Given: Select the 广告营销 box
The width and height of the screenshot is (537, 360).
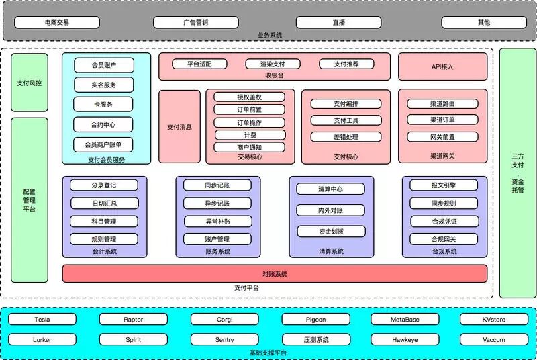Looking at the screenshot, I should point(195,22).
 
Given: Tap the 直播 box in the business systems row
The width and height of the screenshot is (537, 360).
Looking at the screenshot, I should point(338,22).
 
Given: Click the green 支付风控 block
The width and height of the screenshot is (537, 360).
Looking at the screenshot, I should point(30,83).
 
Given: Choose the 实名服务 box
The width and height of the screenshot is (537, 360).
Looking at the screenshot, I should point(103,85).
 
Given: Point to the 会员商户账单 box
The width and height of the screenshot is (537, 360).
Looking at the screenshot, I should point(103,144).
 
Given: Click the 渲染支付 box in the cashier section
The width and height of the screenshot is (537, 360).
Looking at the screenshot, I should point(277,64).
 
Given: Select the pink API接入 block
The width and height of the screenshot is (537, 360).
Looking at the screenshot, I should point(442,67).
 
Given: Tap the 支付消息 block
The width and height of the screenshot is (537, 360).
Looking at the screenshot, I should point(179,126).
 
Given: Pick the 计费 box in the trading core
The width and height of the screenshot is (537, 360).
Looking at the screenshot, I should point(249,135).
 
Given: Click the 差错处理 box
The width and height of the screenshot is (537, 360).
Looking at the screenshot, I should point(346,137).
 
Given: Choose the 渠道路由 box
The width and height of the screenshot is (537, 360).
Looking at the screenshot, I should point(442,104).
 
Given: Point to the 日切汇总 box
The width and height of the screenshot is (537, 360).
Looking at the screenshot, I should point(103,204).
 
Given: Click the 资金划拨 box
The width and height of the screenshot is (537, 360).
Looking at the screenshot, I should point(330,231).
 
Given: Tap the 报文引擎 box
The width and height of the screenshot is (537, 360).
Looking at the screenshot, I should point(444,185).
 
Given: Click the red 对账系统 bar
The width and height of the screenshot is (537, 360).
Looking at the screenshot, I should point(275,273).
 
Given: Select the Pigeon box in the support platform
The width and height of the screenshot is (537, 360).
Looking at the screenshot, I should point(315,320).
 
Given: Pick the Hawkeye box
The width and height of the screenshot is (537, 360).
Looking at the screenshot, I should point(405,340).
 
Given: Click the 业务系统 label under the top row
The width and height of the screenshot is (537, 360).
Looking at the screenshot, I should point(269,35).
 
